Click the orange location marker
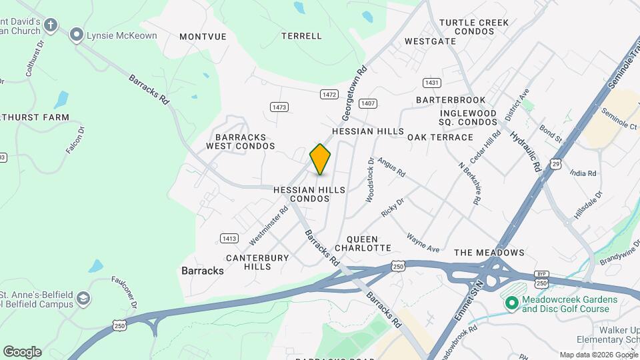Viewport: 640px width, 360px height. coord(321,159)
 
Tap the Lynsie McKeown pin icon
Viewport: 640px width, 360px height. coord(77,35)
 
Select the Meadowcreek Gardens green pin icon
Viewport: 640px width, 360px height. coord(512,304)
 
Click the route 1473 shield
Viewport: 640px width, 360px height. coord(279,107)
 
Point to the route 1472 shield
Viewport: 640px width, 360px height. coord(329,95)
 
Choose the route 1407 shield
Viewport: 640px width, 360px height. coord(368,103)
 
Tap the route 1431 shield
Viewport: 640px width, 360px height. coord(431,83)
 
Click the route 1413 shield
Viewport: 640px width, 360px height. coord(229,238)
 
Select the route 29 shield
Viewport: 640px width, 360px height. coord(555,163)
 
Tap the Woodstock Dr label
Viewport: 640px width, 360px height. coord(370,180)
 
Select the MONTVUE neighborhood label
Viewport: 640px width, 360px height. coord(203,37)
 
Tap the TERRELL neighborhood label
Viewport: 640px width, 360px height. coord(301,36)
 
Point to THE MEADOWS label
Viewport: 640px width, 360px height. coord(489,253)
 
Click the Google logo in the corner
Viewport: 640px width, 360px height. coord(22,351)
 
